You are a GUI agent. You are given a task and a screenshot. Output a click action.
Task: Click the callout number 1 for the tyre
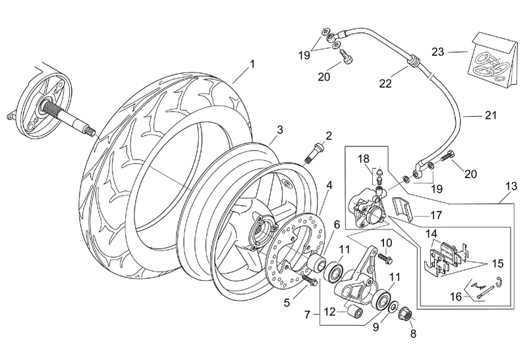point(251,64)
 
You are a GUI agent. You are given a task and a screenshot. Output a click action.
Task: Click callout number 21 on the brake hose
point(488,116)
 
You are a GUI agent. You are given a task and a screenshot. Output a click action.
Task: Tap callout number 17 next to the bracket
point(435,214)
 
